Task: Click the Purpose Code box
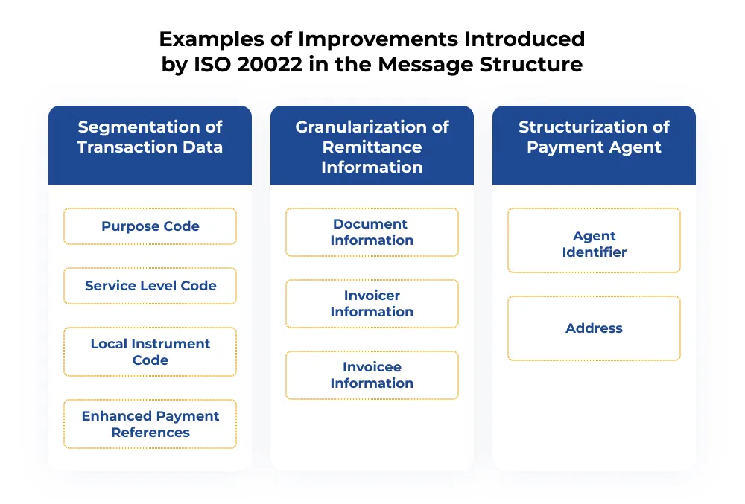point(150,226)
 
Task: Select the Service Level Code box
point(150,286)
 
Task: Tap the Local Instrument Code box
point(150,352)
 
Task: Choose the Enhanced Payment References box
point(150,424)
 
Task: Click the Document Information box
point(372,232)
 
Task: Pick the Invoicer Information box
point(372,304)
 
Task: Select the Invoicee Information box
point(372,375)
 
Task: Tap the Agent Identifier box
point(594,244)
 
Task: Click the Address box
point(594,328)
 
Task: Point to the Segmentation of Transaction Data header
point(150,137)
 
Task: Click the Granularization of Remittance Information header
point(372,147)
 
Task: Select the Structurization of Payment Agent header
point(594,137)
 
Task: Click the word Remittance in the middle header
point(372,147)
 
